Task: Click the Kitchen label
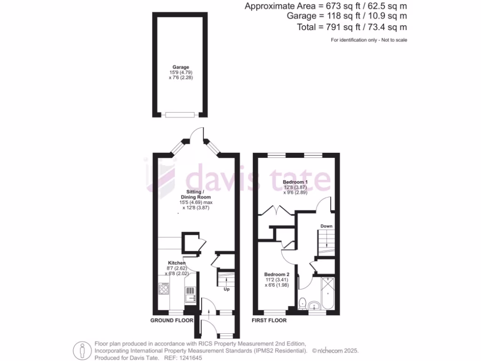[x=177, y=263]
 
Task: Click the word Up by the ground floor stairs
[x=226, y=289]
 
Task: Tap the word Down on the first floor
[x=326, y=226]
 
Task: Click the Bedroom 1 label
[x=295, y=182]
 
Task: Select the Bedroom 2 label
[x=276, y=275]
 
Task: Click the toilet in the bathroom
[x=303, y=304]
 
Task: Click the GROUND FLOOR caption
[x=171, y=321]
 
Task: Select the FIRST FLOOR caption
[x=269, y=321]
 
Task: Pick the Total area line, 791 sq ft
[x=352, y=27]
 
